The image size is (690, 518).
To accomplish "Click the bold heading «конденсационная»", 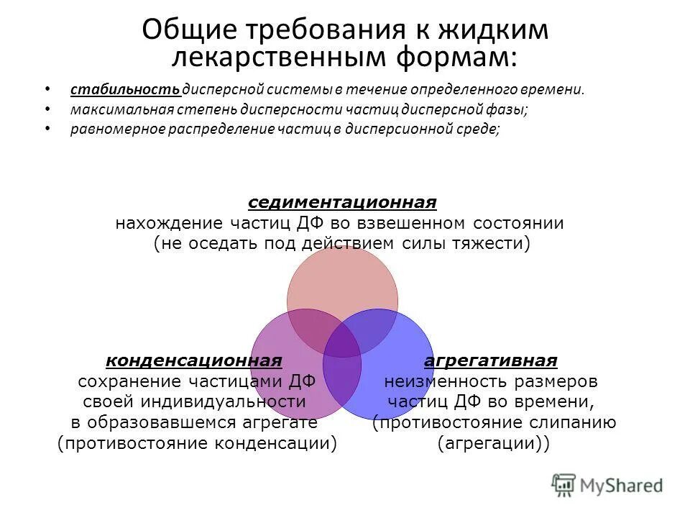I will click(194, 360).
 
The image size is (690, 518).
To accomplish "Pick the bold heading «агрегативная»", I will click(491, 360).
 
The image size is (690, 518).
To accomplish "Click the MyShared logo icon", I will click(564, 483).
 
